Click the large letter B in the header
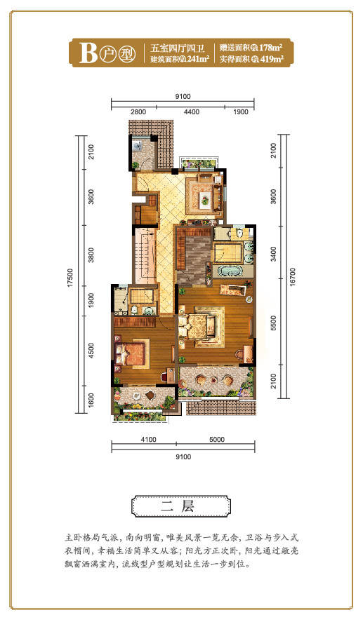click(88, 53)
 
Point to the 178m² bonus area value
click(271, 48)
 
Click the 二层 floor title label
click(181, 506)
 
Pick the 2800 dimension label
click(138, 112)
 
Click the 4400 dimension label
click(192, 112)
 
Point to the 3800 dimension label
click(91, 255)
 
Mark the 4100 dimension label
click(149, 439)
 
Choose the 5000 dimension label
click(217, 439)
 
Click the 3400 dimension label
click(273, 254)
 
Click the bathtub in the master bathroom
click(230, 271)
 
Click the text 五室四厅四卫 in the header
click(177, 48)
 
